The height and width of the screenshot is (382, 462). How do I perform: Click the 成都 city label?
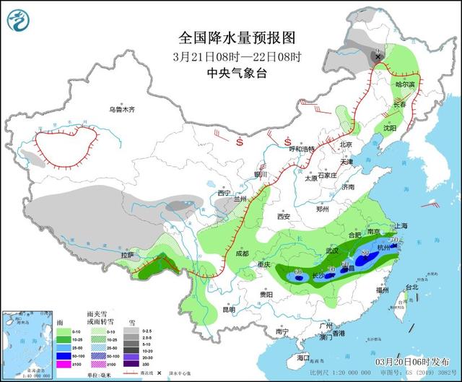[x=242, y=253]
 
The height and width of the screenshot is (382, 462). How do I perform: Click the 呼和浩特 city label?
[x=302, y=149]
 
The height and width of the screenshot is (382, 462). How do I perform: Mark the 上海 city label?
[x=401, y=225]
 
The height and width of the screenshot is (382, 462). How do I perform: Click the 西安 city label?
[x=282, y=217]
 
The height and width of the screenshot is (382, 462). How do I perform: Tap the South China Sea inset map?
[x=27, y=343]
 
